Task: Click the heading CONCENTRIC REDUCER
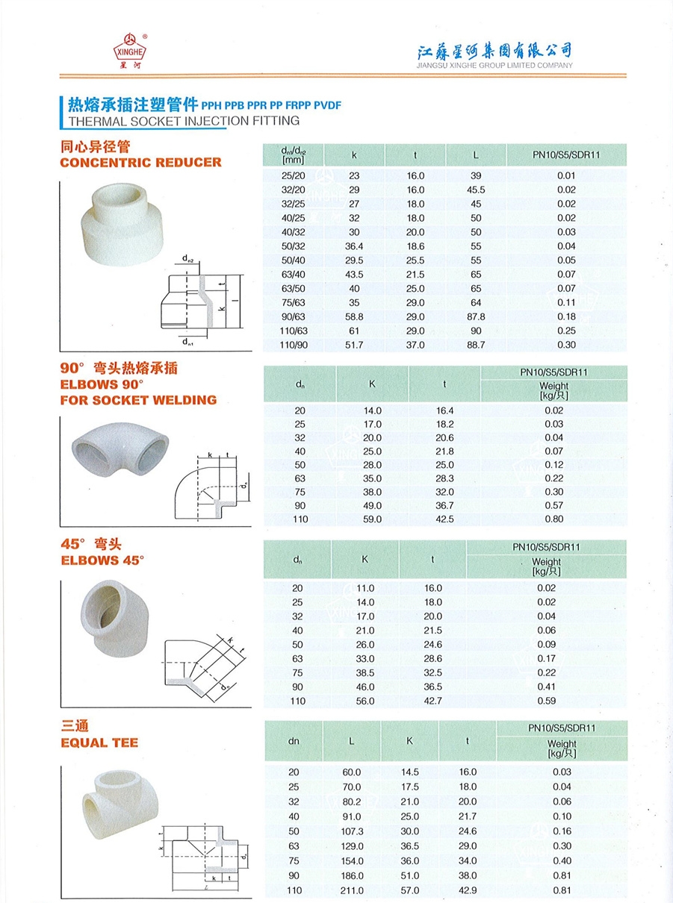140,162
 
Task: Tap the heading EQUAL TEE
99,743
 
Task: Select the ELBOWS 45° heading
102,560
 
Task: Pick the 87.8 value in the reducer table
476,316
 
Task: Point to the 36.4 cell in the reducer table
354,246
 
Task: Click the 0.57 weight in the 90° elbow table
553,505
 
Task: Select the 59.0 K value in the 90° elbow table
372,519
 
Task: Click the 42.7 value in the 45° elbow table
433,701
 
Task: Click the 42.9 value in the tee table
468,890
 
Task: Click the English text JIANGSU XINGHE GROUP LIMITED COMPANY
494,65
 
